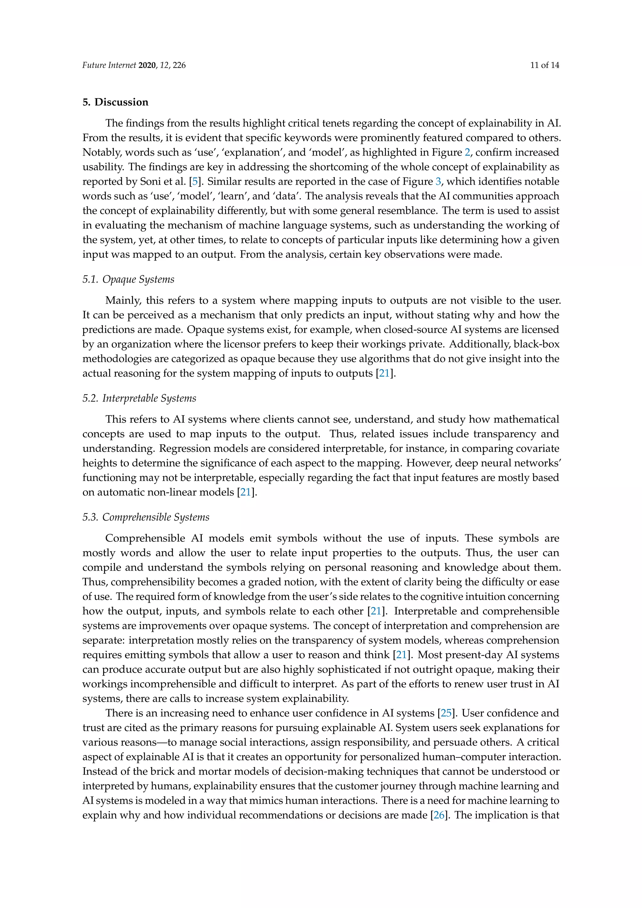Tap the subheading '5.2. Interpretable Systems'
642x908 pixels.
tap(139, 398)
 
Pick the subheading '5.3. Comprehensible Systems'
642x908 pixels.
tap(145, 517)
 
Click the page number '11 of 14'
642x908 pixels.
tap(545, 65)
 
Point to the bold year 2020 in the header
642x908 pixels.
tap(147, 65)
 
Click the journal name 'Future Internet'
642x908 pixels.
tap(109, 65)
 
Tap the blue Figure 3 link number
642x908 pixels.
tap(438, 182)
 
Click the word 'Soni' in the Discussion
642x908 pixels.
tap(150, 182)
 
